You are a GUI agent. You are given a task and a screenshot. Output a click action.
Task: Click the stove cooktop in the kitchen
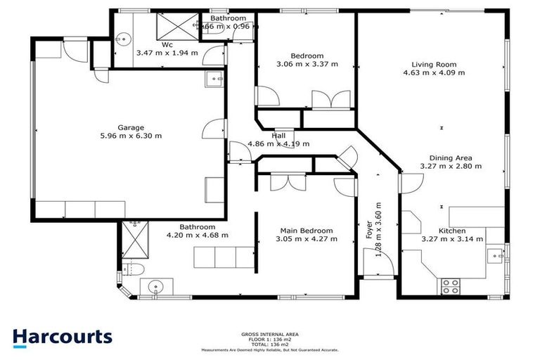[x=449, y=286]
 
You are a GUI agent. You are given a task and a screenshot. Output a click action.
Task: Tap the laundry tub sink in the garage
[x=214, y=79]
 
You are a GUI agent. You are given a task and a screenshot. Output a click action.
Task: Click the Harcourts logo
[x=62, y=337]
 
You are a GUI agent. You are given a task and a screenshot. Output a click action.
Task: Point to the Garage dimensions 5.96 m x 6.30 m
[x=130, y=136]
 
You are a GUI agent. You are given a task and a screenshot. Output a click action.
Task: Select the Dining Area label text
[x=451, y=157]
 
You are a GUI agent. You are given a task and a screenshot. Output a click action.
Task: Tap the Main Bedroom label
[x=307, y=231]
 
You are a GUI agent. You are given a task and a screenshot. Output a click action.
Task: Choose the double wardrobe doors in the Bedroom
[x=324, y=99]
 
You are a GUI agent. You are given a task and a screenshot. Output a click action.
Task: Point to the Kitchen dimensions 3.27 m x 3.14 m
[x=451, y=239]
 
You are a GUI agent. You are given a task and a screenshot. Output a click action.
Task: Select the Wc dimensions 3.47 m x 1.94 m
[x=167, y=52]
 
